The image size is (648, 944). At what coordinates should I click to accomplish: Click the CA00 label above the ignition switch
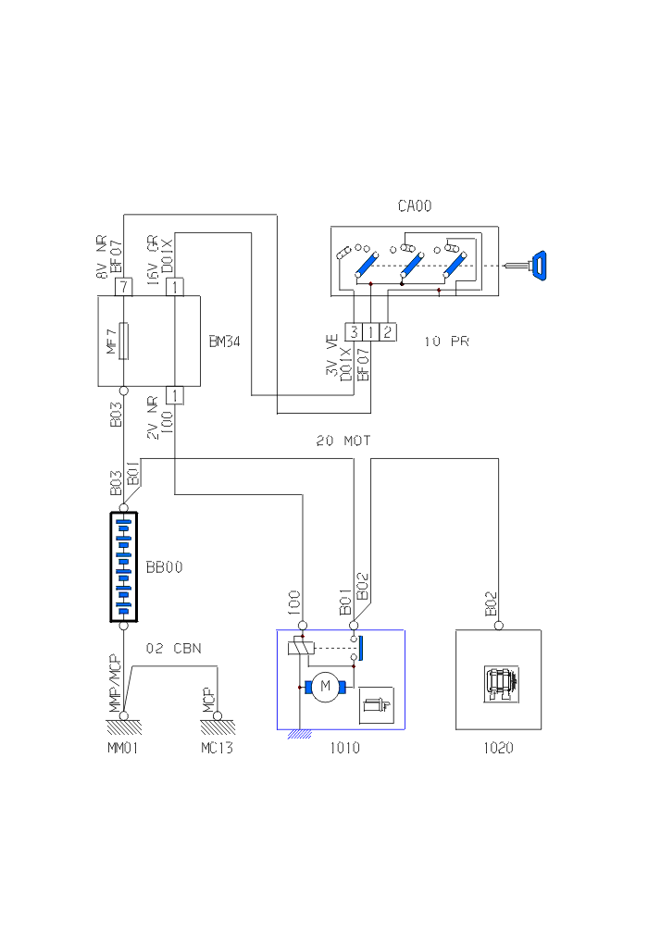click(x=415, y=206)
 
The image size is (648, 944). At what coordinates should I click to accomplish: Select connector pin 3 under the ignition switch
click(x=353, y=330)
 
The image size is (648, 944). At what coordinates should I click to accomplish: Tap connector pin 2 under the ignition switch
click(x=388, y=330)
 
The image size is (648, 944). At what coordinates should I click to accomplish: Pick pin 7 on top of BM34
click(x=122, y=287)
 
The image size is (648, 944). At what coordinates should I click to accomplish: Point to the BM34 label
click(x=225, y=342)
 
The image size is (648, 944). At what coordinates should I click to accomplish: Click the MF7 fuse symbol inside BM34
click(x=123, y=341)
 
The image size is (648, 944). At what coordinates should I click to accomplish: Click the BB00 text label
click(x=164, y=566)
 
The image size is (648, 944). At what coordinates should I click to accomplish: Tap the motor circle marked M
click(x=324, y=686)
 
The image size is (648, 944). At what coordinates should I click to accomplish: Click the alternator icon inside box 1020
click(x=500, y=682)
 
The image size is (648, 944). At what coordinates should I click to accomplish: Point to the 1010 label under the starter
click(x=344, y=748)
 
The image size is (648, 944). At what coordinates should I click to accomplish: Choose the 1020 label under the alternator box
click(x=498, y=748)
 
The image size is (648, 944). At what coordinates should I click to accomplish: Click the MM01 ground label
click(x=122, y=748)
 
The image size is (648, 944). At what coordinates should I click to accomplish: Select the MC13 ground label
click(x=217, y=748)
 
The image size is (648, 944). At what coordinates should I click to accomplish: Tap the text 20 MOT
click(x=343, y=441)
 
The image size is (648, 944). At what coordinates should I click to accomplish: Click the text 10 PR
click(x=447, y=342)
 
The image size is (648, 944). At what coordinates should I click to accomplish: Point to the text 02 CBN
click(x=174, y=648)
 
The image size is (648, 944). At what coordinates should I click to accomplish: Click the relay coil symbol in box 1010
click(x=299, y=647)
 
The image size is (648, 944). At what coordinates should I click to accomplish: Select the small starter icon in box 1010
click(x=376, y=705)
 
